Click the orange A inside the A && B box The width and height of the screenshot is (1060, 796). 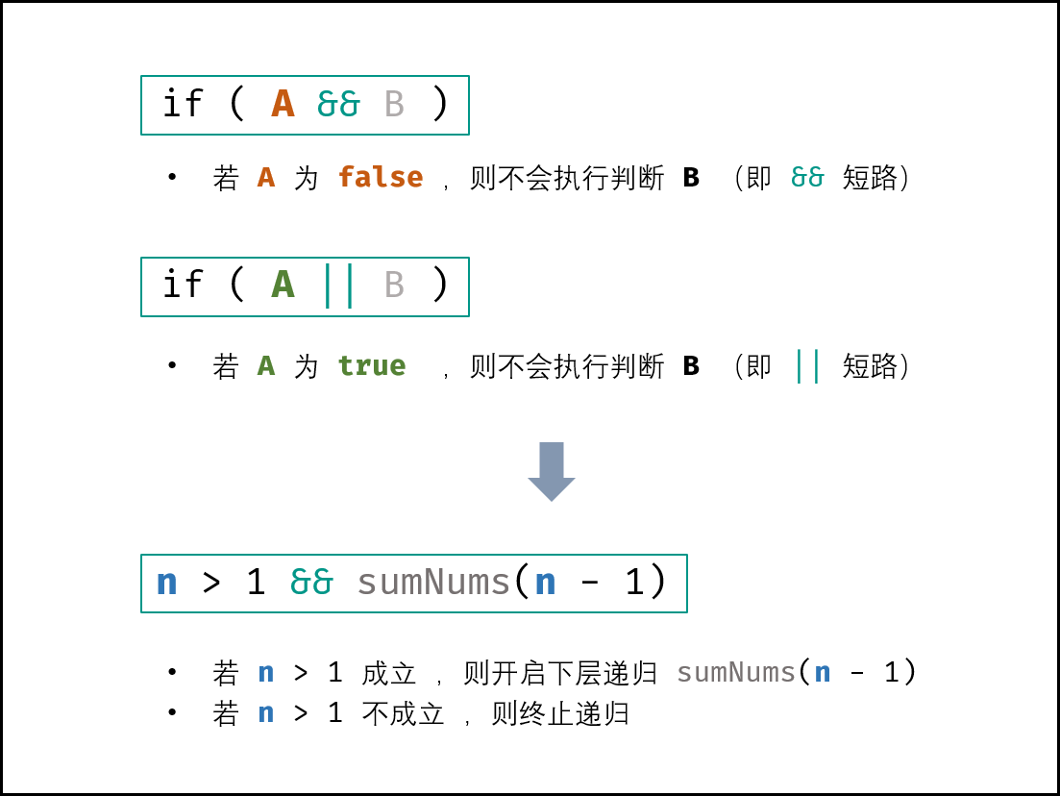283,104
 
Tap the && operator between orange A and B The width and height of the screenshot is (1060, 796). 338,104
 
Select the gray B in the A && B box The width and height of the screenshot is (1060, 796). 394,104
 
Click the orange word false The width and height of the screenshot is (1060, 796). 381,177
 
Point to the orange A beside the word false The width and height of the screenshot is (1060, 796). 266,177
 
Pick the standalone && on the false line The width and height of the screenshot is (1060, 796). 807,177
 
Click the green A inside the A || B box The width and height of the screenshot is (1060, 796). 283,285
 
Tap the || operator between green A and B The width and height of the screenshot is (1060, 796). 338,285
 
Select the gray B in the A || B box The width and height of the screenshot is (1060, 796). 394,285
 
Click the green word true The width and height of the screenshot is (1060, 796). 372,365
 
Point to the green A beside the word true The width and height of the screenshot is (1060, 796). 266,365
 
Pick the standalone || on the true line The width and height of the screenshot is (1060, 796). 807,365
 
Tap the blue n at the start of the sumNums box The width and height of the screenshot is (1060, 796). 166,583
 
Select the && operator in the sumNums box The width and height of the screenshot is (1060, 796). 311,582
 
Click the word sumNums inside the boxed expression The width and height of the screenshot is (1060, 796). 433,583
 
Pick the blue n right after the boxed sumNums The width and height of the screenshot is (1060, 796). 545,583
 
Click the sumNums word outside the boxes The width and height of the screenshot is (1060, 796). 736,673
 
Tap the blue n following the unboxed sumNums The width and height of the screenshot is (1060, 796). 823,673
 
